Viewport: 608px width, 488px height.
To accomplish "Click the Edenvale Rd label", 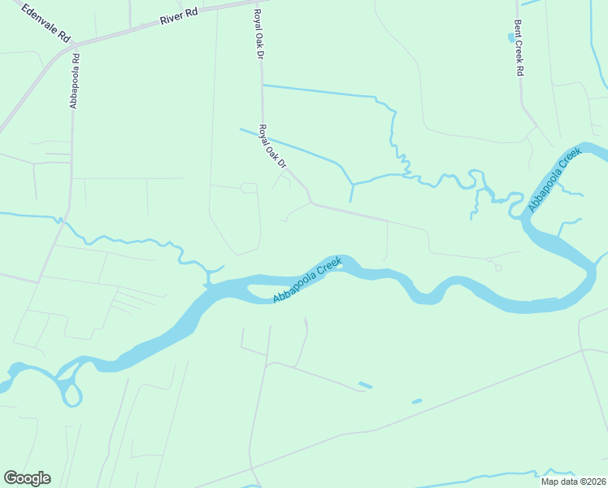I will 46,25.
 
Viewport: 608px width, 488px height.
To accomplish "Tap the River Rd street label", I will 179,16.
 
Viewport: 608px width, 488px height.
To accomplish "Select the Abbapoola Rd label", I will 75,81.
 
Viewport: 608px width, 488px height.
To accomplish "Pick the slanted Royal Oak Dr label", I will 273,146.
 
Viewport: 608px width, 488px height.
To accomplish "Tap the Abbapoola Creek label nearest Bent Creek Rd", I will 555,180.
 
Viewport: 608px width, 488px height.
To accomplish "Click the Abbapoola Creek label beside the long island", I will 306,281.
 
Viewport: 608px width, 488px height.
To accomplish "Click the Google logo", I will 27,478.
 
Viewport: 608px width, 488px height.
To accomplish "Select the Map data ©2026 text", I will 573,481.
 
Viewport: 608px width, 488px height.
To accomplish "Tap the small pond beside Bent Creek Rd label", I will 511,37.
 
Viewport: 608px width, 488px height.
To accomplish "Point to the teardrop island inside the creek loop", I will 72,395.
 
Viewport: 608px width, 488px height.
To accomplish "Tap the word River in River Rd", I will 171,18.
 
